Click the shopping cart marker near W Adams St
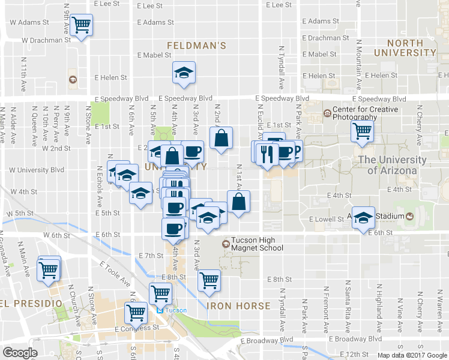81,25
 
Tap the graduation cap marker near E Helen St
184,73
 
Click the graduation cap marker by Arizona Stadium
363,218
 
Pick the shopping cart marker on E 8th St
209,280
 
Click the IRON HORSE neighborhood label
238,306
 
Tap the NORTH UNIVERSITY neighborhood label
411,48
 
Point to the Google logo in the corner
20,353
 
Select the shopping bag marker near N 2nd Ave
221,138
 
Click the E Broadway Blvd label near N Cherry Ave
414,338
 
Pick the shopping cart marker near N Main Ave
48,269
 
